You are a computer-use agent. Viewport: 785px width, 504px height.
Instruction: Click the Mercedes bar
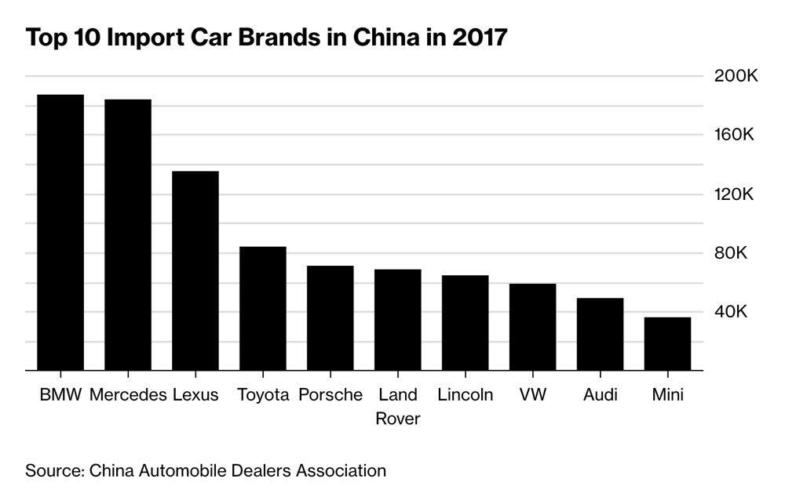(x=128, y=234)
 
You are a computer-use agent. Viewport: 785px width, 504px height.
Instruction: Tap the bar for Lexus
(x=195, y=270)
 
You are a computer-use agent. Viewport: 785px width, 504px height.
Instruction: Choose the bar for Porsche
(x=330, y=317)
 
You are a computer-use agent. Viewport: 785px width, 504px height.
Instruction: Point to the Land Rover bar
(x=398, y=319)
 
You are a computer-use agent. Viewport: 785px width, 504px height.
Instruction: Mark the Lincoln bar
(x=466, y=322)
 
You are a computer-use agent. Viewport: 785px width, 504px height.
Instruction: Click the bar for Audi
(x=601, y=334)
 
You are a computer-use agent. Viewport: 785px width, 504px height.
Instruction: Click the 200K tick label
(x=735, y=77)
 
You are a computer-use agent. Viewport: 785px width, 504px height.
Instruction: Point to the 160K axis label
(x=735, y=135)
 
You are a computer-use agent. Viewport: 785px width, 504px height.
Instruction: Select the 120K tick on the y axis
(x=735, y=194)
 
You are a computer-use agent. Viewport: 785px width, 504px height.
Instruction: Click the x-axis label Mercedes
(x=128, y=394)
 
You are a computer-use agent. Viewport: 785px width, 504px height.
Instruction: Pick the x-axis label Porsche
(x=330, y=394)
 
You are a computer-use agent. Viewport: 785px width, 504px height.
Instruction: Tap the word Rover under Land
(x=398, y=419)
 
